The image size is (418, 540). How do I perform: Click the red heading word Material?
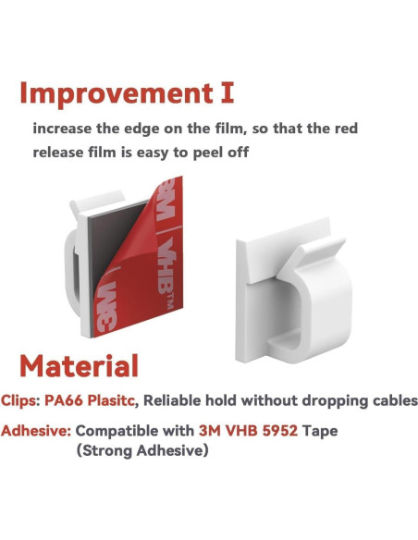(x=80, y=365)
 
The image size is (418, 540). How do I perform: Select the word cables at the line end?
(x=394, y=401)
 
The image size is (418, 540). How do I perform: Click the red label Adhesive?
(x=35, y=431)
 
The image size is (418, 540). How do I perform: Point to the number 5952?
(x=274, y=431)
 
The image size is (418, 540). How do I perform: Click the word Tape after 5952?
(x=318, y=431)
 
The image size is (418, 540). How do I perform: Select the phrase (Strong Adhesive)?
(x=142, y=451)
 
